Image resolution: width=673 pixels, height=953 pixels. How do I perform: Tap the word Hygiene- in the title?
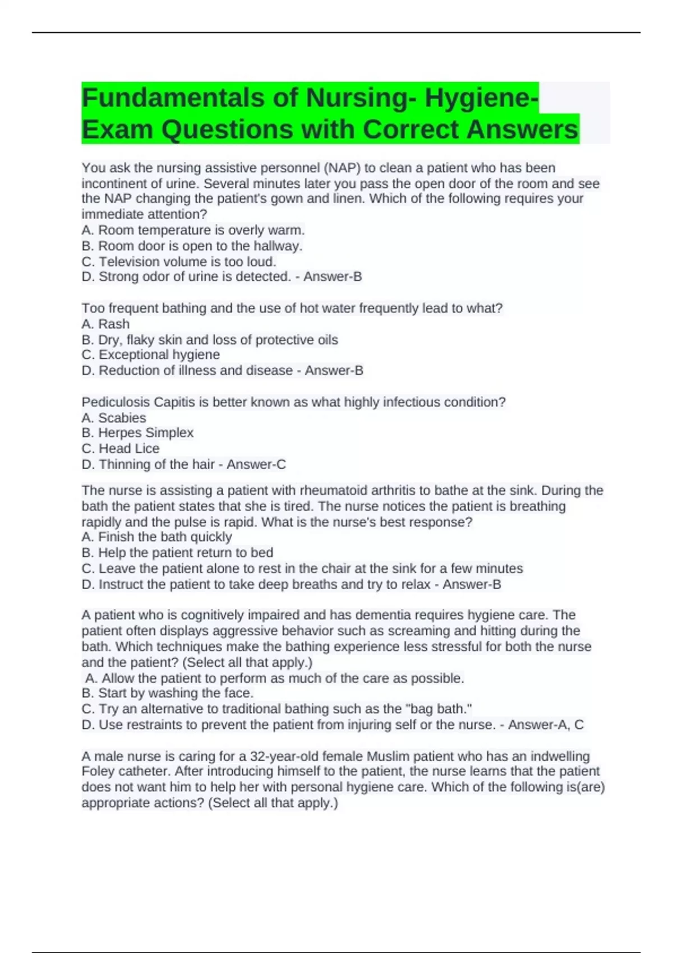pos(481,98)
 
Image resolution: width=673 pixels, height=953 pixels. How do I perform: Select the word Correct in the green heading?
pos(412,129)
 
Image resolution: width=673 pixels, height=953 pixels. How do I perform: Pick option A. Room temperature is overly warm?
pos(193,230)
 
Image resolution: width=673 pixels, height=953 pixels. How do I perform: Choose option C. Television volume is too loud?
pos(179,261)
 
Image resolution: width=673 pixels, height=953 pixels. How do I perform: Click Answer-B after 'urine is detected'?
pos(333,276)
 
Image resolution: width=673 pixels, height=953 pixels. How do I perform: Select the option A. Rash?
pos(105,323)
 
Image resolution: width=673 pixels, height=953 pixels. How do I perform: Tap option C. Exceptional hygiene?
pos(150,354)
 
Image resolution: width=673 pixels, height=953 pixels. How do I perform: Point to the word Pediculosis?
pos(116,402)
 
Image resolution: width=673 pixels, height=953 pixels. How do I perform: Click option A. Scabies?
pos(114,418)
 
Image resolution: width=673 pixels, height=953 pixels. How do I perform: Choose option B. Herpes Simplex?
pos(137,433)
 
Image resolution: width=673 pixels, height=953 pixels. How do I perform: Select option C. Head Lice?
pos(121,448)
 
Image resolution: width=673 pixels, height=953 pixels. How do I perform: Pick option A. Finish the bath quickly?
pos(156,536)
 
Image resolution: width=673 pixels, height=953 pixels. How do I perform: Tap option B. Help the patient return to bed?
pos(177,552)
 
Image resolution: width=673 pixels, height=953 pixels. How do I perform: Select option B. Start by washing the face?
pos(168,693)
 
